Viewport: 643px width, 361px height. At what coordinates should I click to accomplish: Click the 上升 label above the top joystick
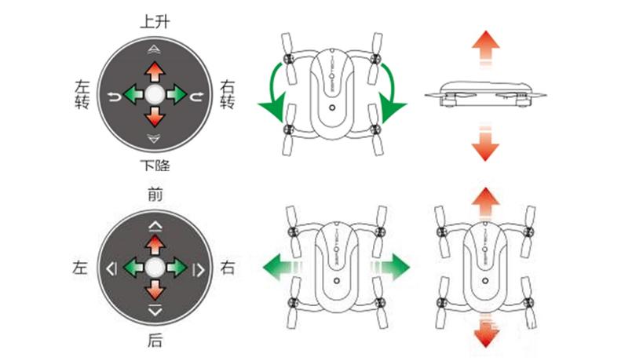(154, 22)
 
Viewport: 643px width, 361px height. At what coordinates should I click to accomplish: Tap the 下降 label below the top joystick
(154, 166)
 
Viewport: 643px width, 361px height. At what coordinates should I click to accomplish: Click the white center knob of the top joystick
(154, 94)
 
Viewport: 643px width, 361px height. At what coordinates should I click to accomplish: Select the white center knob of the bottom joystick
(155, 268)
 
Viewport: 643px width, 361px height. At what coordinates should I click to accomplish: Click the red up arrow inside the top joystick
(154, 72)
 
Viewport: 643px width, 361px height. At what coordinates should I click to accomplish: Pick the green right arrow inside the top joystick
(176, 94)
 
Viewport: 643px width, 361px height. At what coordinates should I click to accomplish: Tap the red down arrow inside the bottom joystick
(155, 290)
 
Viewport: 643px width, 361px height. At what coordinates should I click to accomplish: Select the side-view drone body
(484, 92)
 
